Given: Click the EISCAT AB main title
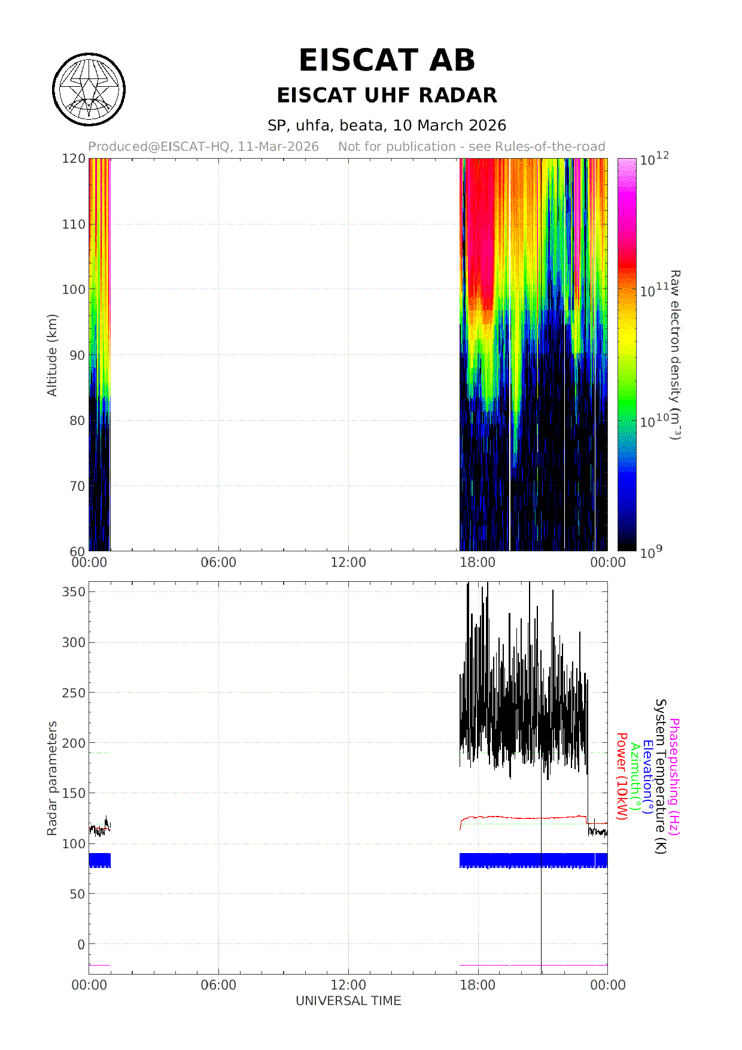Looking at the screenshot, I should [387, 60].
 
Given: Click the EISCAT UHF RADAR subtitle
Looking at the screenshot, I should [387, 95].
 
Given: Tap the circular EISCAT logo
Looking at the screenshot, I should [89, 90].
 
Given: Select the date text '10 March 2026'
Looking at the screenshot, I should [449, 125].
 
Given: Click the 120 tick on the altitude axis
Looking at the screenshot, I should [74, 159].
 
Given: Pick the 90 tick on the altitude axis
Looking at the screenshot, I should [77, 355].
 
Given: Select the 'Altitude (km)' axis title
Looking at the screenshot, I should [52, 355].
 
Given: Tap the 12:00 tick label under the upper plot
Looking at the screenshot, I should [348, 563].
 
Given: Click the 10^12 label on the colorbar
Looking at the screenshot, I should [654, 159].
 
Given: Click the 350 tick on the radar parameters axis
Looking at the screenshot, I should [74, 591].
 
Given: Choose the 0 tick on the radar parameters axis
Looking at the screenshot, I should [81, 945].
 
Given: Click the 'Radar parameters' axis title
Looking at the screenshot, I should [52, 778].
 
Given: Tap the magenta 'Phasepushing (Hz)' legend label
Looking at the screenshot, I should [674, 777].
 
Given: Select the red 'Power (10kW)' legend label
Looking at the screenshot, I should [622, 777].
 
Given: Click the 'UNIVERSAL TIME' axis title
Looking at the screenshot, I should [348, 1001].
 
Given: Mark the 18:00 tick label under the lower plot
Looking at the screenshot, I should [478, 985].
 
